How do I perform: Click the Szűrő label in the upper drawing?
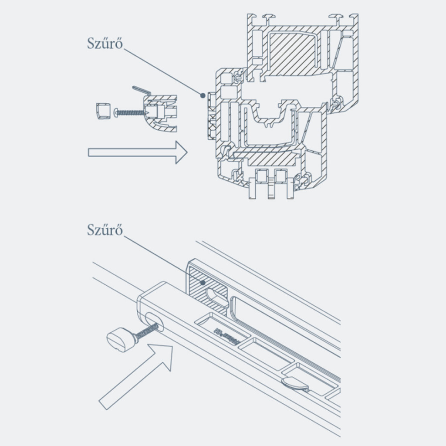105,44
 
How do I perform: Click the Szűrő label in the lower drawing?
105,230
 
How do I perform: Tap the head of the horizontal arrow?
181,152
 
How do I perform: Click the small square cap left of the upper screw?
101,110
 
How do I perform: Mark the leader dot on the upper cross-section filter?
202,95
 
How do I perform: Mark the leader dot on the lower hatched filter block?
203,283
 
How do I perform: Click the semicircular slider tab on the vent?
295,384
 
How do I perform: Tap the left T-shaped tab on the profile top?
268,17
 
